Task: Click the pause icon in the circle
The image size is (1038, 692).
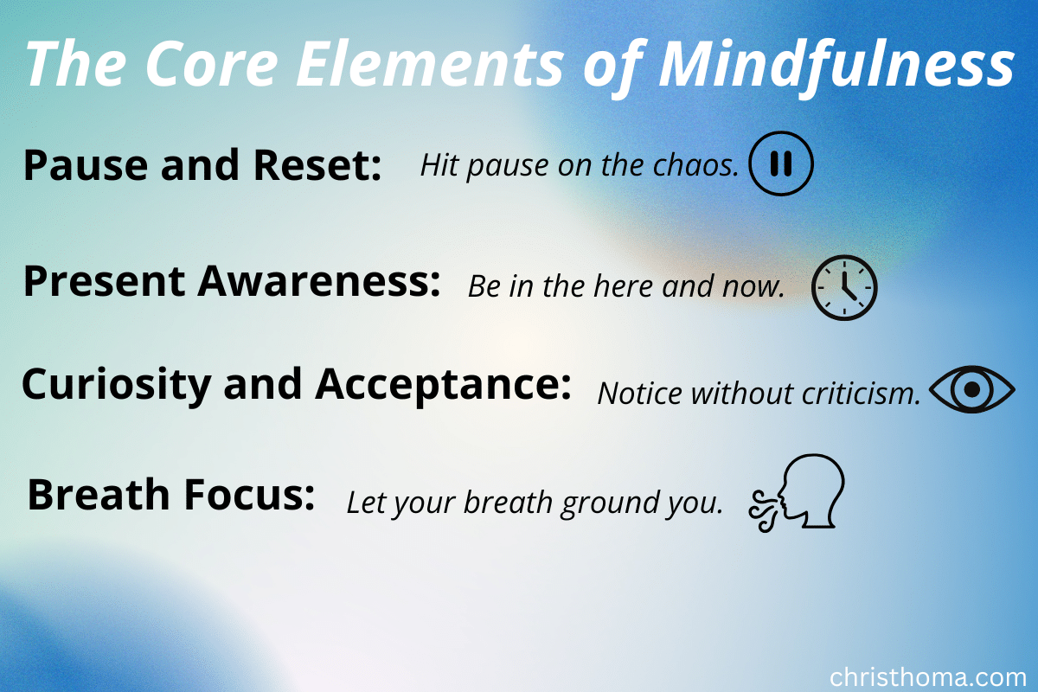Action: click(x=781, y=163)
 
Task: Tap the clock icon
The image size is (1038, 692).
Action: click(x=844, y=288)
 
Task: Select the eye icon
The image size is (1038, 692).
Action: click(x=971, y=390)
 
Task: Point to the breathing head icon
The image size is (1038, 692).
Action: click(x=797, y=492)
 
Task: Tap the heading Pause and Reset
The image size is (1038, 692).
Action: click(x=202, y=165)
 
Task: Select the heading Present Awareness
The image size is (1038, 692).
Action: click(x=232, y=283)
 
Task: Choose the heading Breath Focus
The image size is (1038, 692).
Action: click(x=170, y=496)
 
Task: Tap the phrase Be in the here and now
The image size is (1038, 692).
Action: click(x=626, y=287)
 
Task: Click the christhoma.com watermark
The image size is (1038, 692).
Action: click(x=927, y=676)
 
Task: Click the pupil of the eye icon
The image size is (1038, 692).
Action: click(x=971, y=390)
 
